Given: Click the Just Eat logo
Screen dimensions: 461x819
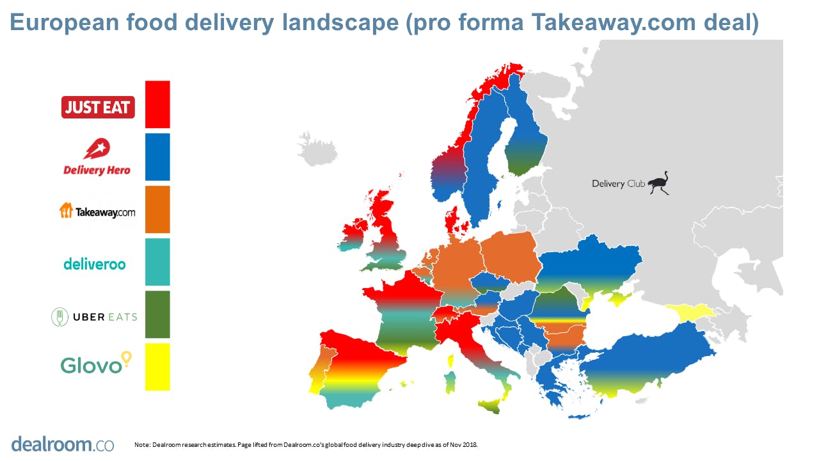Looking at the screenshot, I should (x=98, y=107).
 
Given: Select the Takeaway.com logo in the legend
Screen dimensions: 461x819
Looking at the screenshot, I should (x=97, y=211).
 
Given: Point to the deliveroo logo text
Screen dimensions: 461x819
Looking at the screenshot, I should (x=94, y=263).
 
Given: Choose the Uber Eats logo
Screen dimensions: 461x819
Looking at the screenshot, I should (x=94, y=316).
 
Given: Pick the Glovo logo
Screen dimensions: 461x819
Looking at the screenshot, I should (x=95, y=363).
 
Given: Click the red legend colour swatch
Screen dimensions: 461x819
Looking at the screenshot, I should (x=157, y=104).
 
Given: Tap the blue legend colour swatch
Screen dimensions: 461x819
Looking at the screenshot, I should (x=157, y=157).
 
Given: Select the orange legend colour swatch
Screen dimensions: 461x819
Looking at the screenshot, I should (x=157, y=209).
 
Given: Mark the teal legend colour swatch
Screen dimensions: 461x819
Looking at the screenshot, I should (x=157, y=262).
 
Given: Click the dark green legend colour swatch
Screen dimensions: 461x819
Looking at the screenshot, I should (x=157, y=314).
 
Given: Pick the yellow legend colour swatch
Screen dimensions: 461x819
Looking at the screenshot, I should (x=157, y=367).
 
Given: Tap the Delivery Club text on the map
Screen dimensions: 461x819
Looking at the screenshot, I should (x=617, y=184).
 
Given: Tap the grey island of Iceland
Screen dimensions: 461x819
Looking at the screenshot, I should (x=317, y=149).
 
